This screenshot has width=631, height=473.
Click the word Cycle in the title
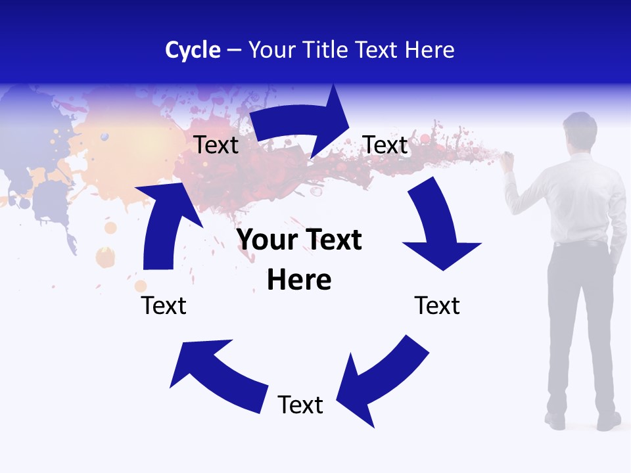[x=193, y=50]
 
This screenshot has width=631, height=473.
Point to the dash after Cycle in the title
[x=234, y=51]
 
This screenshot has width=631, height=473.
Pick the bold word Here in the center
[x=299, y=281]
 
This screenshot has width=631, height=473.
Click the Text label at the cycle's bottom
[x=300, y=405]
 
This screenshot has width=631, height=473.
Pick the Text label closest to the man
[x=437, y=305]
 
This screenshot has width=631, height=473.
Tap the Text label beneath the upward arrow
[x=164, y=305]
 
